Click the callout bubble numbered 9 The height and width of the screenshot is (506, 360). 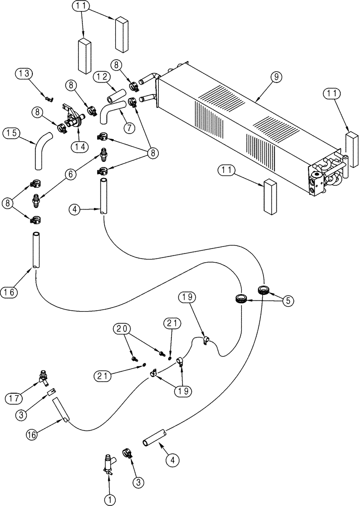[x=276, y=77]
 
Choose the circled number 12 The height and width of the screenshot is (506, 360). [x=101, y=77]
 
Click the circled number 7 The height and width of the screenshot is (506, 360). [x=129, y=128]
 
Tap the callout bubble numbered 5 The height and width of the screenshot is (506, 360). [x=288, y=300]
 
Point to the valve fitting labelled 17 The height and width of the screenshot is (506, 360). [x=42, y=377]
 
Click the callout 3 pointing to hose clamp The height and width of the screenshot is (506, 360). [x=138, y=482]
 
